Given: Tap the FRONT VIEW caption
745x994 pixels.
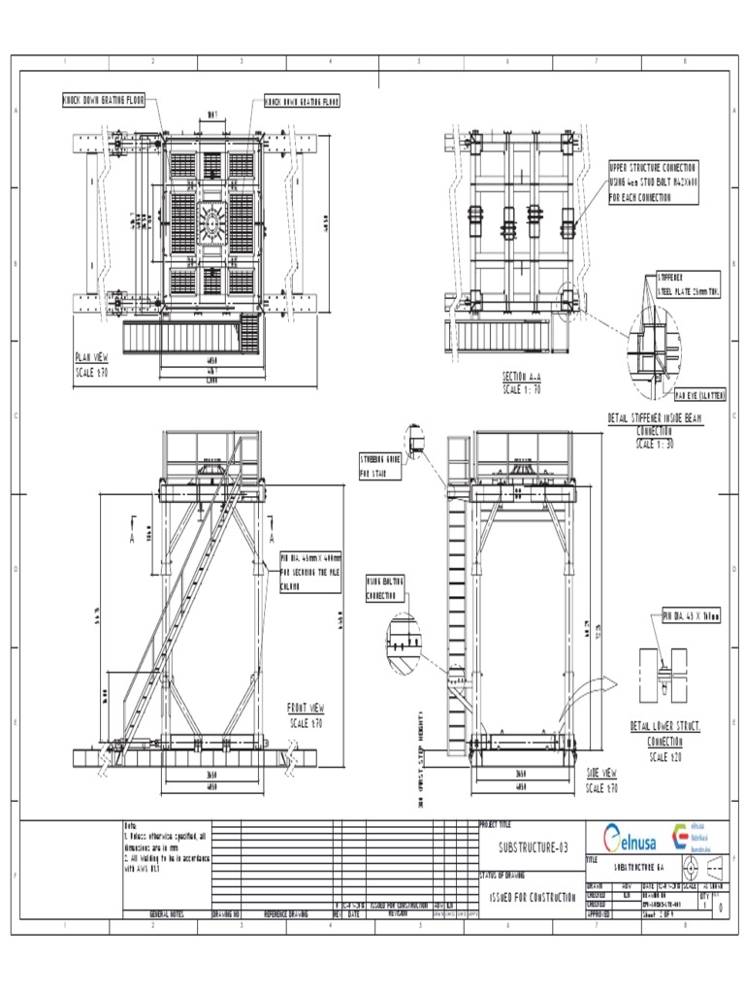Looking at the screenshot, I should [x=307, y=708].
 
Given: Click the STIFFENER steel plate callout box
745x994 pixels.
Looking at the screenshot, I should [x=688, y=282].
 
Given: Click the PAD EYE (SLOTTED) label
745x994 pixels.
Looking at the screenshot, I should [x=699, y=395].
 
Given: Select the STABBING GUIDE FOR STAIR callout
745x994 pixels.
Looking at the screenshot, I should [x=380, y=466].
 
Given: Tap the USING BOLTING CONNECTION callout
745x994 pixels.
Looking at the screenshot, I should [x=385, y=588].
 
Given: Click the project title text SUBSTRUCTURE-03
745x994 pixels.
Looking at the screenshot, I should [x=527, y=847].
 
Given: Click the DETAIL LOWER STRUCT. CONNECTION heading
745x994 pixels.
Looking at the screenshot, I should [x=665, y=732].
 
